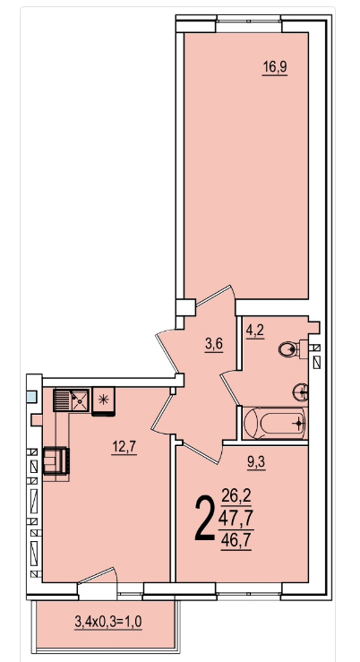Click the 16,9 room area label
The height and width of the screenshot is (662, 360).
275,67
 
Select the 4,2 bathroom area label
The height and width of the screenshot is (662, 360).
255,330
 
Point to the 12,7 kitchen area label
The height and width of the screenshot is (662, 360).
124,446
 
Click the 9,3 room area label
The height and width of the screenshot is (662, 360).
256,464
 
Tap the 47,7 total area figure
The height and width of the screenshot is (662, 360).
236,518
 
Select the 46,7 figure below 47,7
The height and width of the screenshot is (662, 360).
236,541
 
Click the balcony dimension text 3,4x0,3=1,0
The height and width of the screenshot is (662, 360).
108,622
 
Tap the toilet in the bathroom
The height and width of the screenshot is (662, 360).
294,349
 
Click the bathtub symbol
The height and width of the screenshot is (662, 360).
275,423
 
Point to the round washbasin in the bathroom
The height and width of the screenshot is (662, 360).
301,392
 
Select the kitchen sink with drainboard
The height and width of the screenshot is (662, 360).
72,400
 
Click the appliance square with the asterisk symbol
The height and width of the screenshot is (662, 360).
103,401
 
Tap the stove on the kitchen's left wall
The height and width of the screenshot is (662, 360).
56,461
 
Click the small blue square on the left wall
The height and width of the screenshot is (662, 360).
31,397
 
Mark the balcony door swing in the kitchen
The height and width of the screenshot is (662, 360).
98,582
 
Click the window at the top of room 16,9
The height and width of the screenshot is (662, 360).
249,24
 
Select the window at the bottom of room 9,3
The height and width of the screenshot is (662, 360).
249,591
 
